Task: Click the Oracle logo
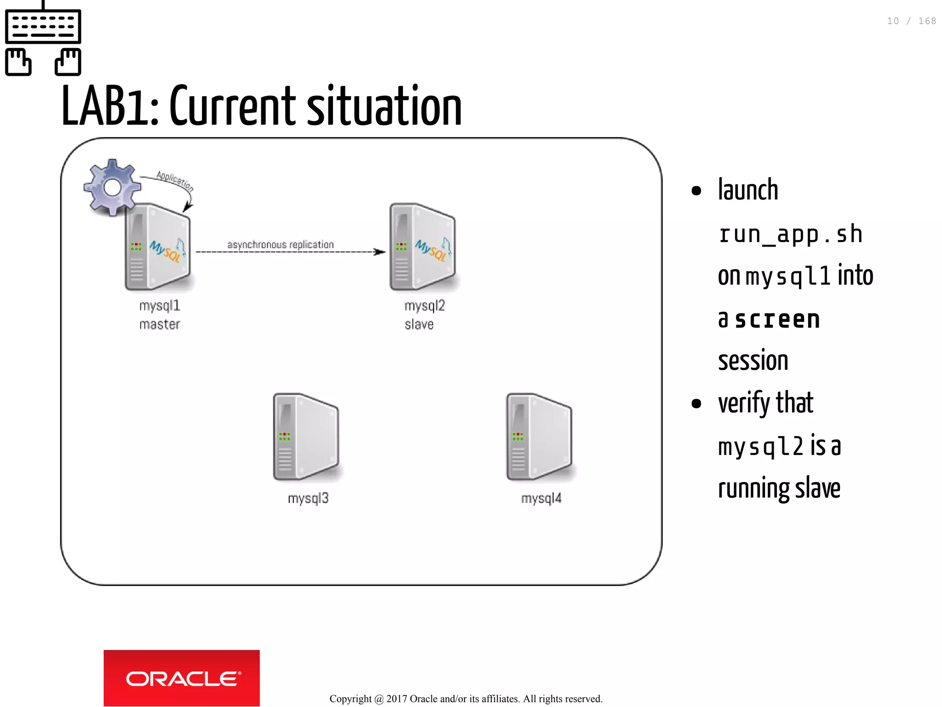tap(182, 678)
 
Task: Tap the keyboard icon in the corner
tap(43, 39)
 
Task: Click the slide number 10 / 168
tap(911, 21)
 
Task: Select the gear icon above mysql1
tap(112, 187)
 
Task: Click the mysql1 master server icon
tap(158, 247)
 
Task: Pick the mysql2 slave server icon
tap(423, 247)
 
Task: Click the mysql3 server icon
tap(306, 437)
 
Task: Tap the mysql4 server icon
tap(540, 437)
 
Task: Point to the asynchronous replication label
tap(281, 245)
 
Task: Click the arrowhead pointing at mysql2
tap(380, 252)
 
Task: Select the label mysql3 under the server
tap(308, 498)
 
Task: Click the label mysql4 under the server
tap(541, 498)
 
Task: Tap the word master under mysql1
tap(160, 324)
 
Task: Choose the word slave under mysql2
tap(419, 324)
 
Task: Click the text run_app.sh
tap(790, 234)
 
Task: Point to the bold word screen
tap(777, 319)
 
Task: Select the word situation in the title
tap(384, 107)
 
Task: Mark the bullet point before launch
tap(696, 190)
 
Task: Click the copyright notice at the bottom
tap(466, 699)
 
